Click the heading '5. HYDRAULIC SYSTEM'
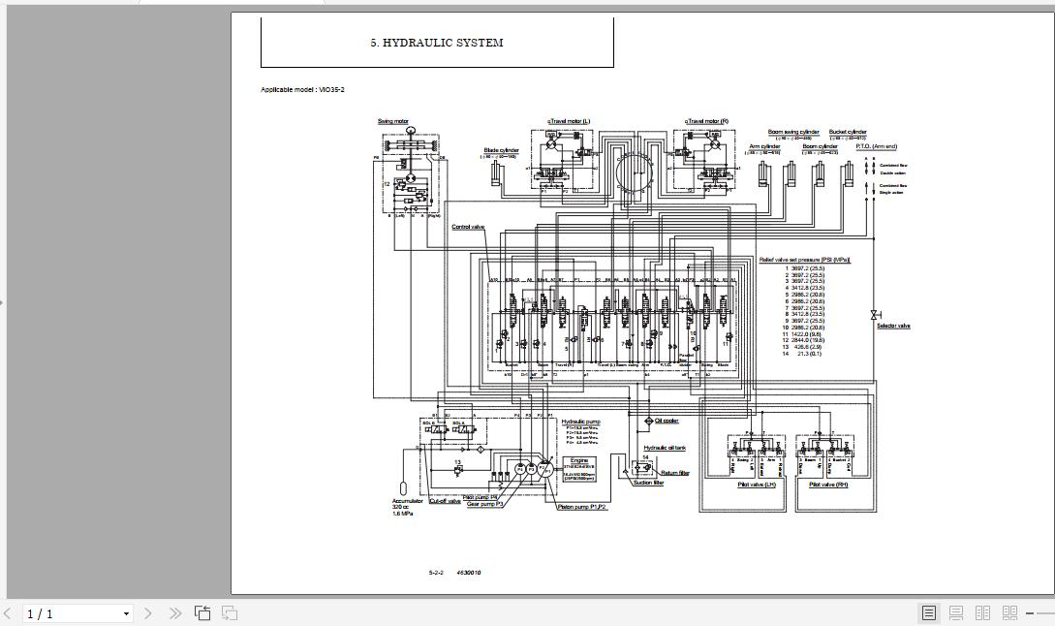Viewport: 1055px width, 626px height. (436, 43)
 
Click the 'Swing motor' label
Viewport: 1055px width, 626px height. (392, 121)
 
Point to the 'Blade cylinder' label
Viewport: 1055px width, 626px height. (501, 150)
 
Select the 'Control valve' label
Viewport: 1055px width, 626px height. (467, 227)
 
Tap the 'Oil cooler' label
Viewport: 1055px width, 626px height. (667, 421)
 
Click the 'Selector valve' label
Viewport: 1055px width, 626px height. (893, 326)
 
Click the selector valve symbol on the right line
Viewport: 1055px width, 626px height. (874, 314)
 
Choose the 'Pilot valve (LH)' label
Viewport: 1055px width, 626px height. (757, 484)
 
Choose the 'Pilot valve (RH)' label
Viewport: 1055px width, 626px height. (827, 484)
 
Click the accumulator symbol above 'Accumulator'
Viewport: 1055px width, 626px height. (402, 485)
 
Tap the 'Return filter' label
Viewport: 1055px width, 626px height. (675, 473)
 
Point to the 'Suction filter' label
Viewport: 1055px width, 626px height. (648, 483)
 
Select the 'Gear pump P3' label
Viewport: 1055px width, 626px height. (484, 504)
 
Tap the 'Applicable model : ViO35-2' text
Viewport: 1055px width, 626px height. (302, 89)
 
